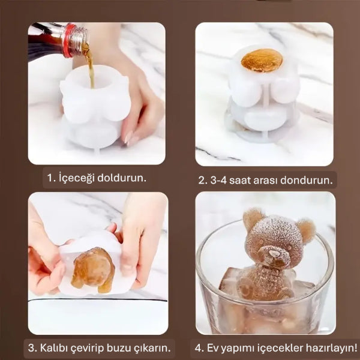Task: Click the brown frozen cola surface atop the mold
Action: tap(262, 61)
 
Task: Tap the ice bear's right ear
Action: tap(305, 230)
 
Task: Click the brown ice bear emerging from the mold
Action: tap(94, 268)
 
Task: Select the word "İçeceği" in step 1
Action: tap(78, 178)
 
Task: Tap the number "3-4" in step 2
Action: tap(218, 180)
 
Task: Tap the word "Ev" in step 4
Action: tap(214, 347)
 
